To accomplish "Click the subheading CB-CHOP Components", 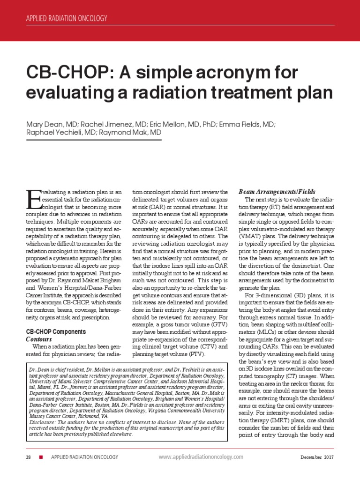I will [55, 332].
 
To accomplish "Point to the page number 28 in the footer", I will [29, 457].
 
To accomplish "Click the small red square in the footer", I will [41, 457].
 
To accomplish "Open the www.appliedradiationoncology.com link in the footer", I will [201, 457].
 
